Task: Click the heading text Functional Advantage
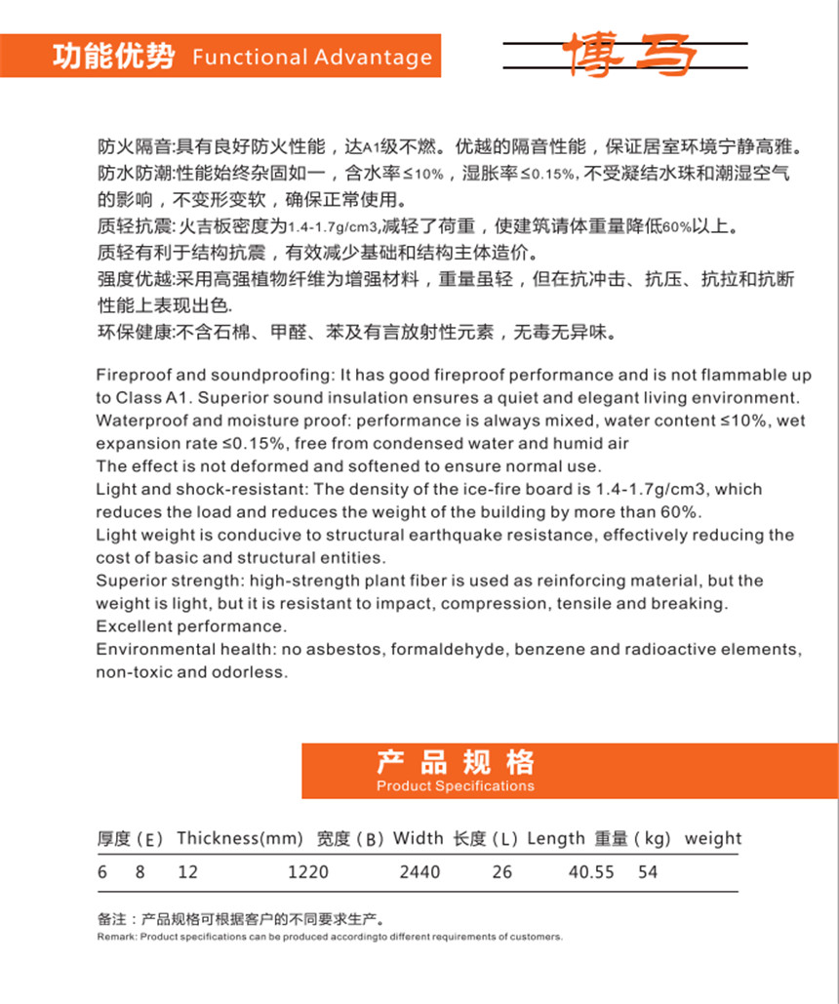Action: click(312, 57)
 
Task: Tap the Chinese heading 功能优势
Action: click(113, 56)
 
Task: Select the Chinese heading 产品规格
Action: click(456, 762)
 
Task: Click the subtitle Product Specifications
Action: click(456, 785)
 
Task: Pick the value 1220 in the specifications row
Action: click(308, 872)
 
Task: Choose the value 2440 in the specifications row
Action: click(419, 872)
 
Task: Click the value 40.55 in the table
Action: click(591, 872)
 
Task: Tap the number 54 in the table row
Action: click(648, 872)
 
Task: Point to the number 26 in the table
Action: click(501, 872)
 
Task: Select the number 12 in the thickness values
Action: click(187, 872)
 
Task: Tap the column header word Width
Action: click(419, 838)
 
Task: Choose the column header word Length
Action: click(556, 838)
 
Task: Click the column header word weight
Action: click(712, 838)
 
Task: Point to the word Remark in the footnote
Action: click(116, 937)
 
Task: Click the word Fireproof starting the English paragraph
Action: click(132, 376)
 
